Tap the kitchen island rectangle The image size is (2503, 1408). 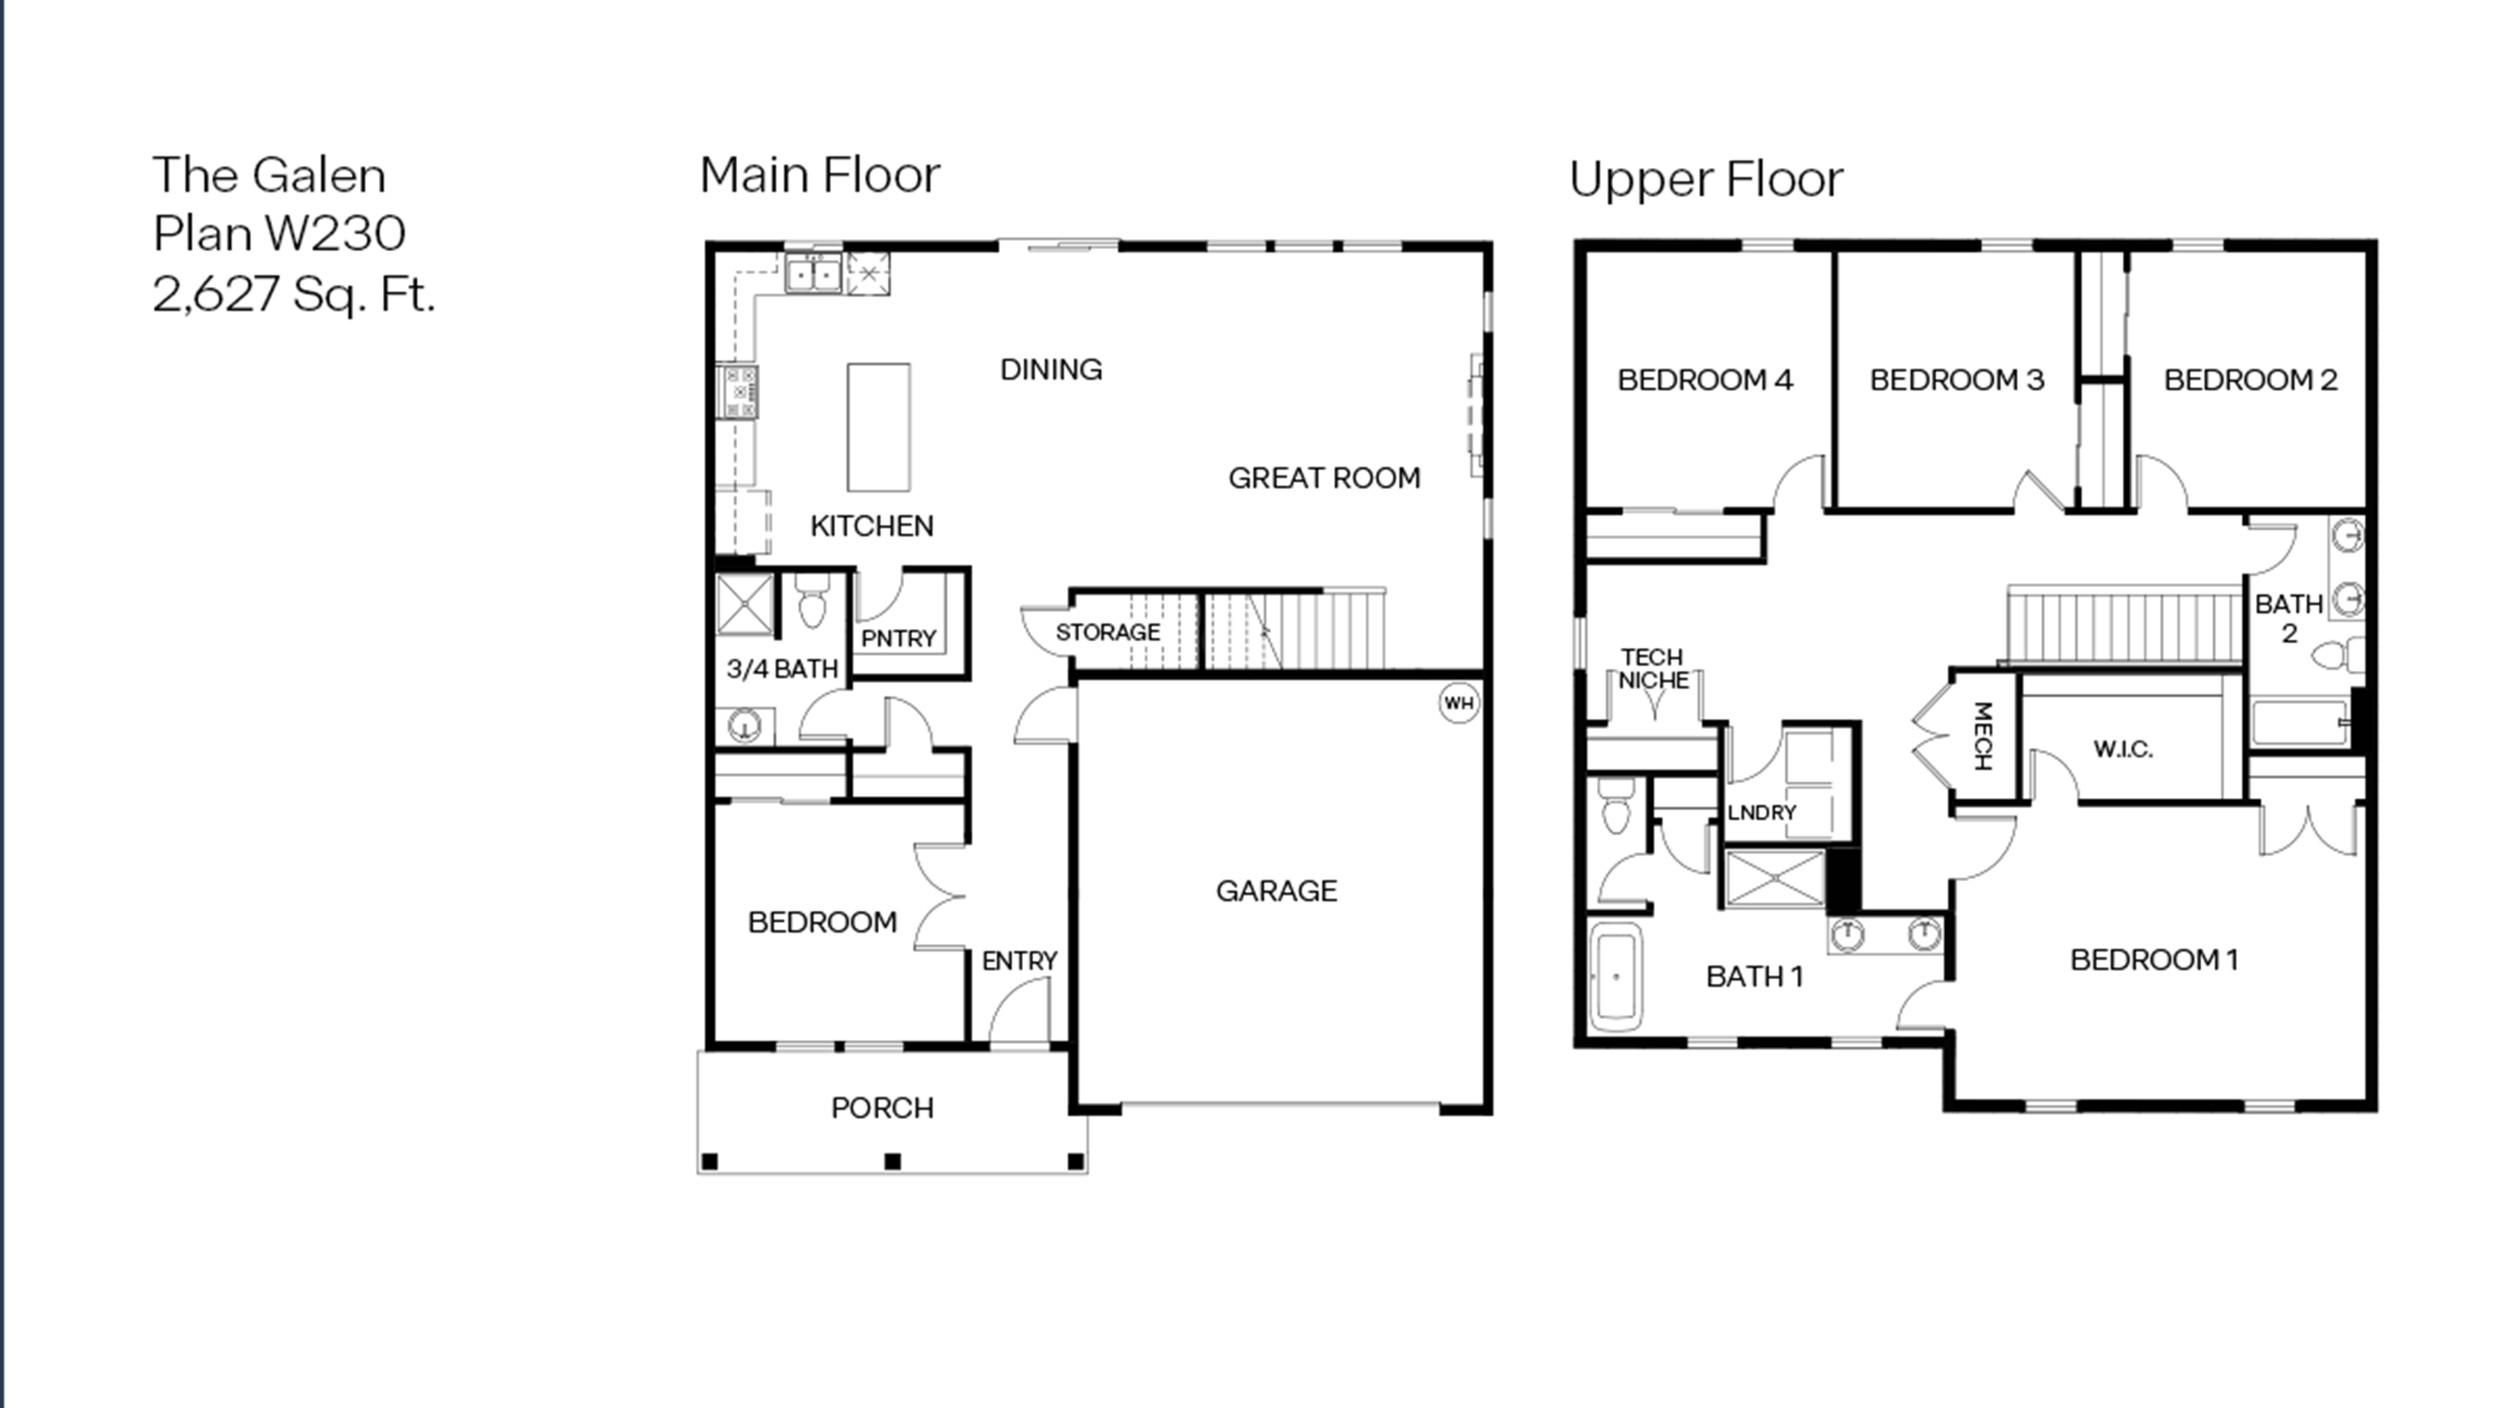(x=878, y=428)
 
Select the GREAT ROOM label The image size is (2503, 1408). (x=1323, y=478)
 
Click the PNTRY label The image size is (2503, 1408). (x=898, y=638)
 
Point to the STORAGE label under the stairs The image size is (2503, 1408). (x=1108, y=632)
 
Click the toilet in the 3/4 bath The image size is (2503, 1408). (x=811, y=603)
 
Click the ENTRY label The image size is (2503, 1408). (x=1018, y=961)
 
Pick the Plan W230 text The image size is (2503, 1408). (x=279, y=233)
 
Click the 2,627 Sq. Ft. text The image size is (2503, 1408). (x=294, y=294)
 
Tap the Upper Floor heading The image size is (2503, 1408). (x=1705, y=179)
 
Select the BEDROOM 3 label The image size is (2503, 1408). (x=1956, y=380)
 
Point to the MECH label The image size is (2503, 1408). (x=1983, y=736)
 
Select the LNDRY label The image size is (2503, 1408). (x=1761, y=812)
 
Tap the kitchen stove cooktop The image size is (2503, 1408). (x=738, y=391)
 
